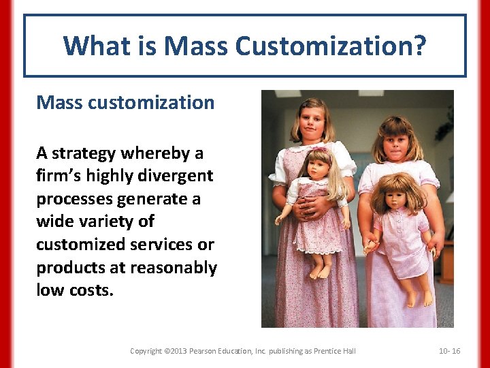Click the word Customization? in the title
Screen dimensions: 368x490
click(331, 46)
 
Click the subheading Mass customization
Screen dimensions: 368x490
click(125, 102)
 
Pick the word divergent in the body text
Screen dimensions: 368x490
click(176, 176)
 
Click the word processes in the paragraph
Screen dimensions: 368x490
click(76, 199)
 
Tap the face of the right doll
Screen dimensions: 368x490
click(395, 196)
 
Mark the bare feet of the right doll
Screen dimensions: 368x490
click(418, 298)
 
